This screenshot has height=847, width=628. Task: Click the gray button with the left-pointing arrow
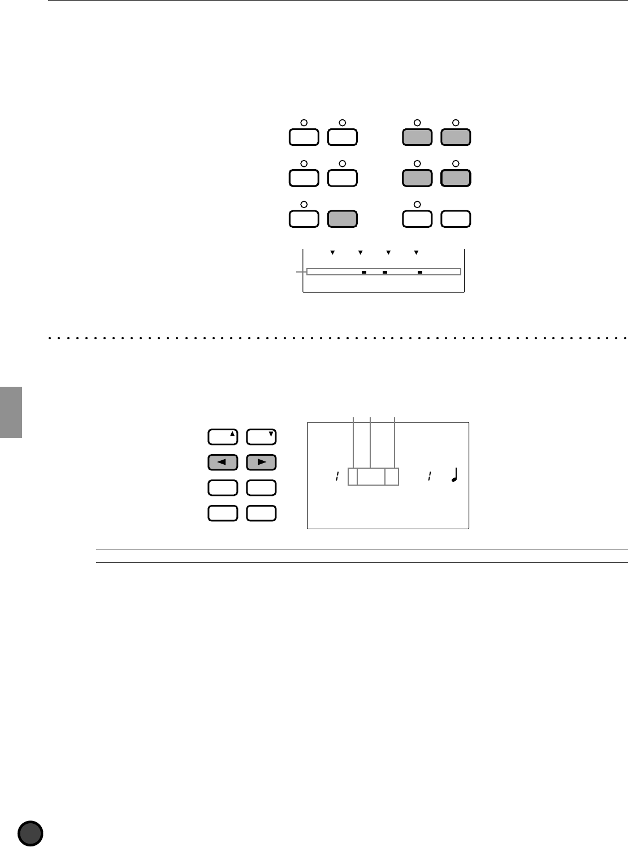(223, 462)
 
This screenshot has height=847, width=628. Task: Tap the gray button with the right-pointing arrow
(261, 462)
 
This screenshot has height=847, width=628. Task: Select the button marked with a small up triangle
(223, 437)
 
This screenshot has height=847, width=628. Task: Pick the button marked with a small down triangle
(261, 437)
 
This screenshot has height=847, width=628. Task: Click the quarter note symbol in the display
(454, 477)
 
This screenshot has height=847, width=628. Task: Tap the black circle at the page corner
(31, 833)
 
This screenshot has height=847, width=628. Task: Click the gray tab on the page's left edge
(11, 412)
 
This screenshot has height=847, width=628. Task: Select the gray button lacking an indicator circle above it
(343, 219)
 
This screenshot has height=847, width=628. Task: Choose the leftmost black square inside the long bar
(365, 272)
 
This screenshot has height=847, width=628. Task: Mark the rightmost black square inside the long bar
(420, 272)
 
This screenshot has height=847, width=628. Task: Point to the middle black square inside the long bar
(384, 272)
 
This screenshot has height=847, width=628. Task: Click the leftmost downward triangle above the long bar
(332, 252)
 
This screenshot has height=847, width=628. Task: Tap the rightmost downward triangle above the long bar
(416, 252)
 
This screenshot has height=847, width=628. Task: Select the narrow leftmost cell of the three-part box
(353, 477)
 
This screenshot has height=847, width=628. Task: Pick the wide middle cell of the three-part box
(371, 477)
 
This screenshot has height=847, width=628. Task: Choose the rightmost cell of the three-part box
(392, 477)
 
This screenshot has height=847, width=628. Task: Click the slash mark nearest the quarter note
(430, 477)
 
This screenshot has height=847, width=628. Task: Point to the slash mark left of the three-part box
(336, 477)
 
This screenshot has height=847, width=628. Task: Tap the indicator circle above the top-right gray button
(456, 122)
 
